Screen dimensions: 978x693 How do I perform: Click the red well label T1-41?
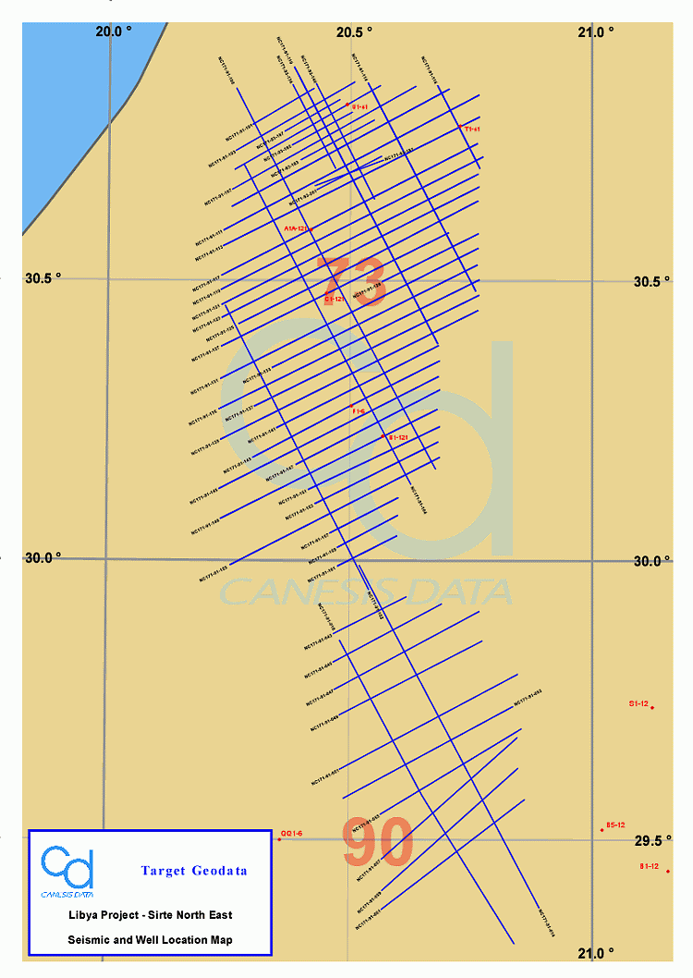(471, 129)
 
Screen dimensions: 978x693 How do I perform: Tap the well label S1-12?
(638, 704)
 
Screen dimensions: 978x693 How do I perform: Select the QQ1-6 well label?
(291, 834)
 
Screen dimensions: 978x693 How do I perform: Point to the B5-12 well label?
(615, 825)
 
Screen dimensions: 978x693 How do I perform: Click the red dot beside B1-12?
(668, 871)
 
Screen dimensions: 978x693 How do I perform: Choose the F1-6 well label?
(359, 410)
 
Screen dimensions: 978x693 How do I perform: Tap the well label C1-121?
(334, 300)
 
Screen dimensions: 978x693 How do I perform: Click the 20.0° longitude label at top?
(114, 31)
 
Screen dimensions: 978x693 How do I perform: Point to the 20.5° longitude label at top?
(354, 31)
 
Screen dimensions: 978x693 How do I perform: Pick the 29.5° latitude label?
(653, 840)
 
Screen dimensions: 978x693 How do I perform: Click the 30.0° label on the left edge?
(43, 557)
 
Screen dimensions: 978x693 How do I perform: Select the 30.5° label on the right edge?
(651, 283)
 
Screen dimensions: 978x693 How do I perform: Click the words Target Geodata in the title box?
(194, 871)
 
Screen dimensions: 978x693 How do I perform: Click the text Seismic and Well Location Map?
(150, 939)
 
